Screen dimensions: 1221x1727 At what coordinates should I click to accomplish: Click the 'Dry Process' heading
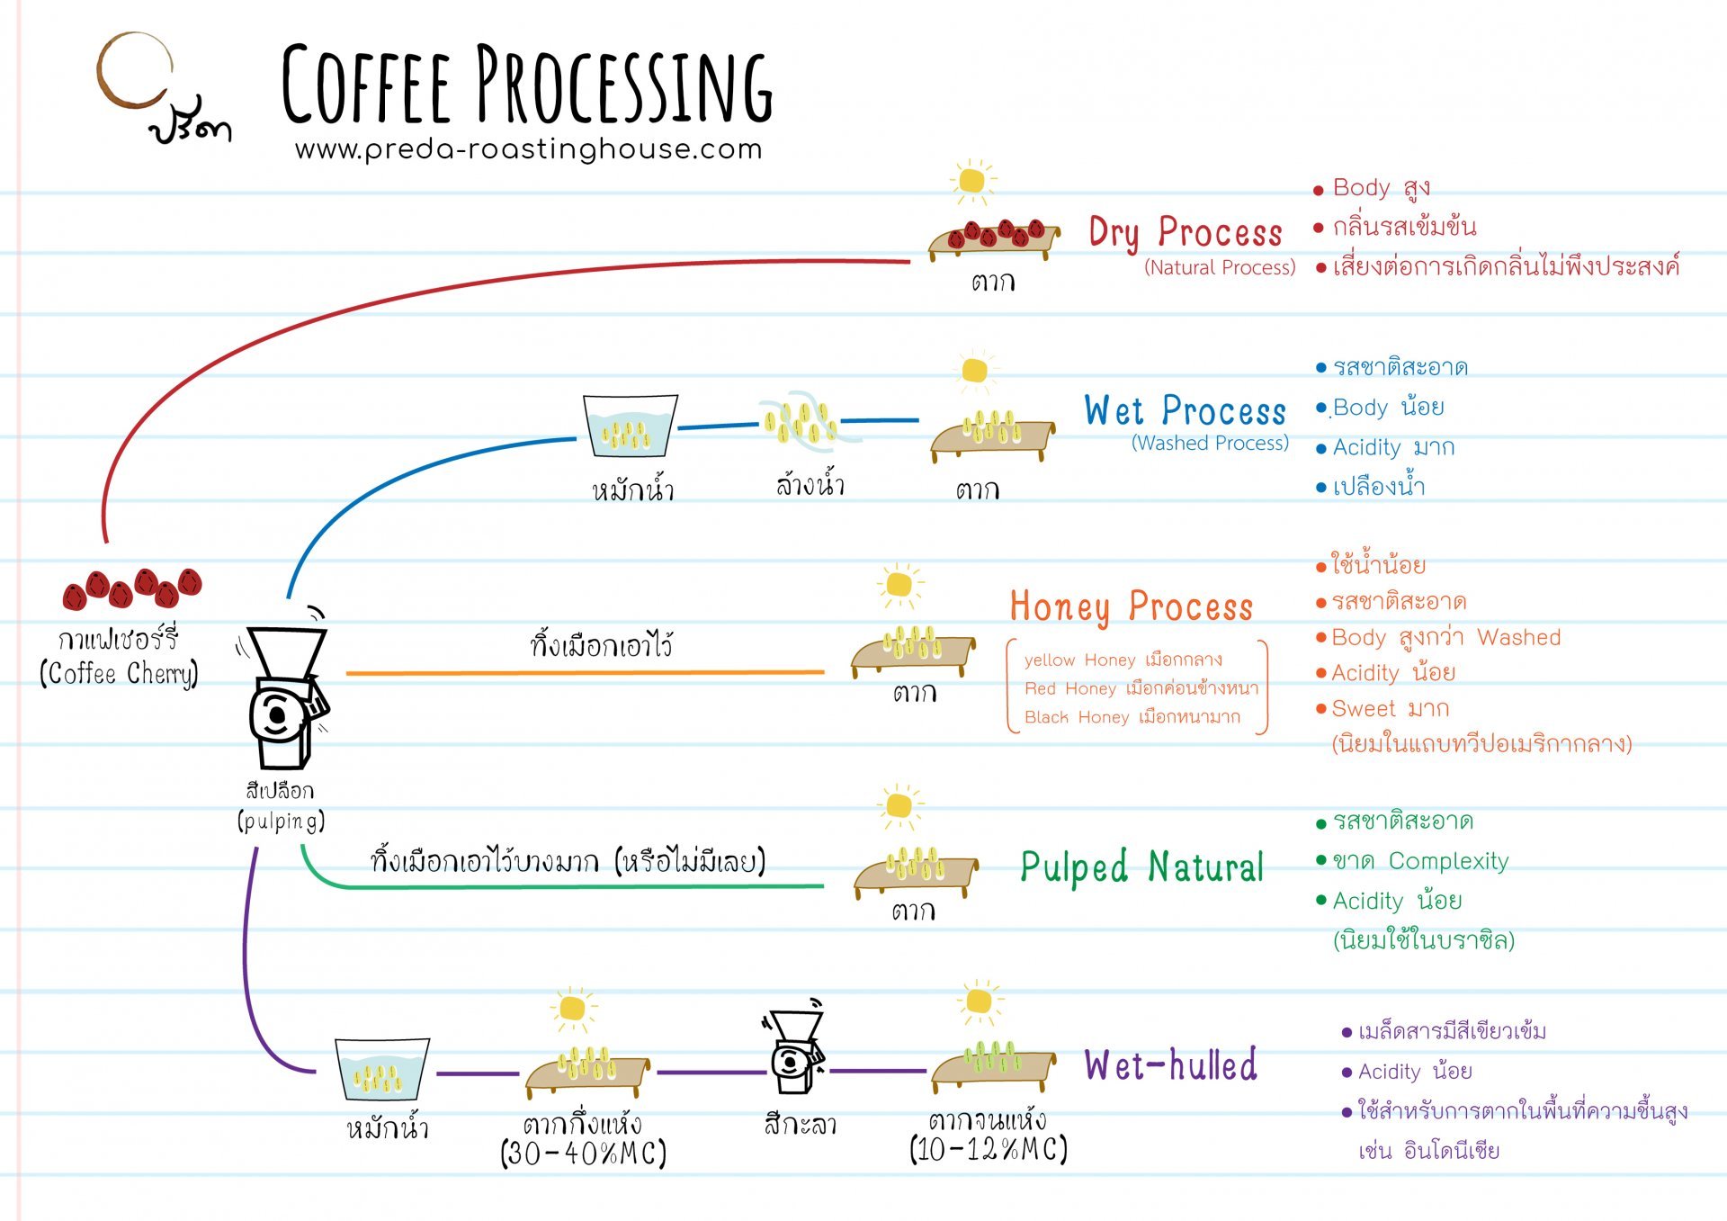[x=1185, y=232]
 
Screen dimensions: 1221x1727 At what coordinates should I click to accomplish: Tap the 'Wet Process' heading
[x=1185, y=411]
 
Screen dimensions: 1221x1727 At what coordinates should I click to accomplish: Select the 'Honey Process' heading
[x=1131, y=607]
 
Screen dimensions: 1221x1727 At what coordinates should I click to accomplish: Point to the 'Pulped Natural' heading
[x=1141, y=867]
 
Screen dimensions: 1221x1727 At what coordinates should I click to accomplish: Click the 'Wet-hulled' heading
[x=1170, y=1065]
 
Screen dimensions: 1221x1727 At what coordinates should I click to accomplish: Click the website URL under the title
[x=528, y=149]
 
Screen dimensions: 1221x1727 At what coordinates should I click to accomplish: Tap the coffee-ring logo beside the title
[x=135, y=71]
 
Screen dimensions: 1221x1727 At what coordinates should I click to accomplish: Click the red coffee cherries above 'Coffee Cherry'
[x=132, y=588]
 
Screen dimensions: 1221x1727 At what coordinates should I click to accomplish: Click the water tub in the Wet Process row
[x=630, y=426]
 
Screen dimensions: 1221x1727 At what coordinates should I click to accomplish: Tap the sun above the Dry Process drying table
[x=971, y=181]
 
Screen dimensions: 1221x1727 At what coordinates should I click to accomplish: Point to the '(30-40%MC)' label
[x=583, y=1154]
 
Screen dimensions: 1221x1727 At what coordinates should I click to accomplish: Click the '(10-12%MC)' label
[x=988, y=1150]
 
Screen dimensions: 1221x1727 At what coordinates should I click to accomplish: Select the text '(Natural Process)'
[x=1220, y=267]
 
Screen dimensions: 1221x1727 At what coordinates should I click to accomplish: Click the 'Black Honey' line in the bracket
[x=1132, y=717]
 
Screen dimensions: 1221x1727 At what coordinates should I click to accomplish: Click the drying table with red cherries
[x=994, y=238]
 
